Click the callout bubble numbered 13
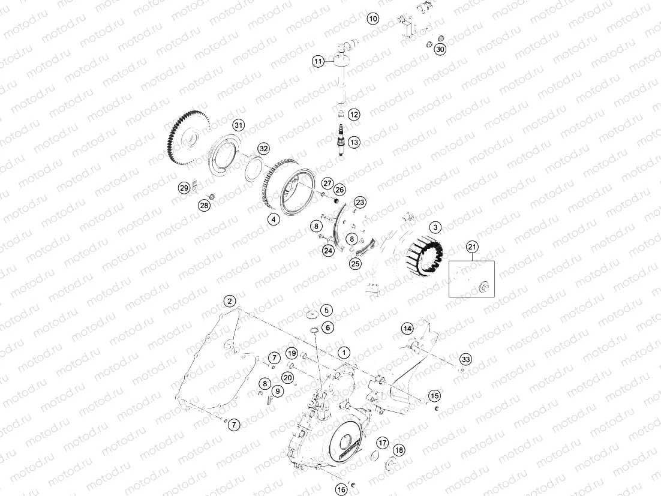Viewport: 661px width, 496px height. (354, 142)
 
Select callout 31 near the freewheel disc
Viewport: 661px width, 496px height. (239, 125)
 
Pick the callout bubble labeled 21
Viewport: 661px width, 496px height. (472, 247)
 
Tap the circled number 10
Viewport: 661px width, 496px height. (373, 19)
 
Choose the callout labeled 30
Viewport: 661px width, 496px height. (440, 49)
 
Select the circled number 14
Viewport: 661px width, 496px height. (407, 328)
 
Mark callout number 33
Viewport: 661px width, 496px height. (465, 359)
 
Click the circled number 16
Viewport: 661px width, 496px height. (341, 489)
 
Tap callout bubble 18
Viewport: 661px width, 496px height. (399, 450)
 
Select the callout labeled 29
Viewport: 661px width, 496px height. (184, 188)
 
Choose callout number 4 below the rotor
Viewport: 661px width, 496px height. (274, 220)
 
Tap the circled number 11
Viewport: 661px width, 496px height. (318, 61)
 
